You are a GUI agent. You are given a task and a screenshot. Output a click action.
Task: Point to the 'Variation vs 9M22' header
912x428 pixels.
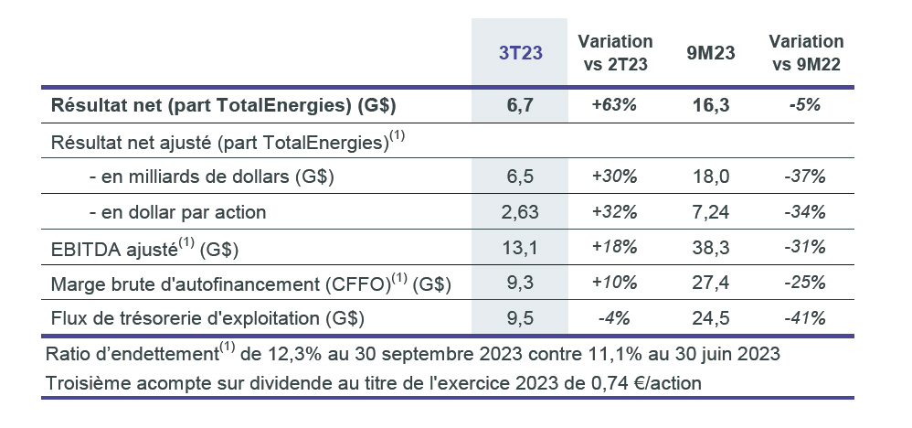click(x=806, y=53)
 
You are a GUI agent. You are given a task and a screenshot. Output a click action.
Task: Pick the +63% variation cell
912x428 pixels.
click(x=614, y=105)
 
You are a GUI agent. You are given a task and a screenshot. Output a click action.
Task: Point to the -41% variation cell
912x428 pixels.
click(x=806, y=318)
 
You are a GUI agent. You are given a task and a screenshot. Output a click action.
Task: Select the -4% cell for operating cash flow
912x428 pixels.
click(x=614, y=318)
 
